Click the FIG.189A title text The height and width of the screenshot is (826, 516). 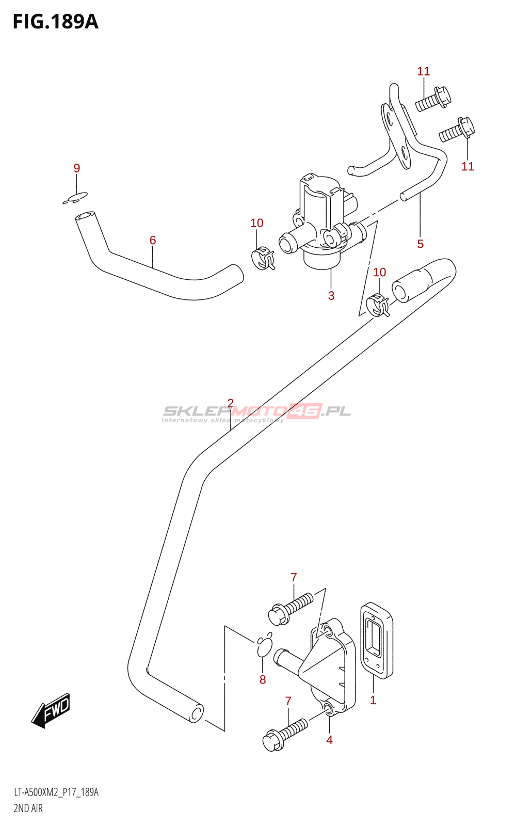click(55, 22)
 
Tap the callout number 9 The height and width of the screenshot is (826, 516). click(77, 168)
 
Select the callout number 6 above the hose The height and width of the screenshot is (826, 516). click(153, 240)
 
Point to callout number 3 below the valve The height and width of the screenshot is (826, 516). click(331, 295)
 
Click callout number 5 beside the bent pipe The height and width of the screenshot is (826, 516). click(421, 244)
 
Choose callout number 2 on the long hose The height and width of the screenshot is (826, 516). click(230, 403)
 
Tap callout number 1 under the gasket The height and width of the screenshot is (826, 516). click(373, 700)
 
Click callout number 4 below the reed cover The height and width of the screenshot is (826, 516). click(329, 740)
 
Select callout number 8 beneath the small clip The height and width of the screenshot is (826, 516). click(263, 679)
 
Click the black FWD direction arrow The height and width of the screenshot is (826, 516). click(51, 710)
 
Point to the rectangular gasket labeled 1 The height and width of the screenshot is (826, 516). click(377, 640)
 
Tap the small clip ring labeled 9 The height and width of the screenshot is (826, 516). click(75, 198)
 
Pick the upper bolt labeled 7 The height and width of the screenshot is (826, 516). click(291, 608)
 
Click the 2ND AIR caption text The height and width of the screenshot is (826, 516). click(28, 808)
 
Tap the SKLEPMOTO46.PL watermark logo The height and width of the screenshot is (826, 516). click(256, 412)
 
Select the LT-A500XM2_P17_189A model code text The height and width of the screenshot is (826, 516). click(56, 792)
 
